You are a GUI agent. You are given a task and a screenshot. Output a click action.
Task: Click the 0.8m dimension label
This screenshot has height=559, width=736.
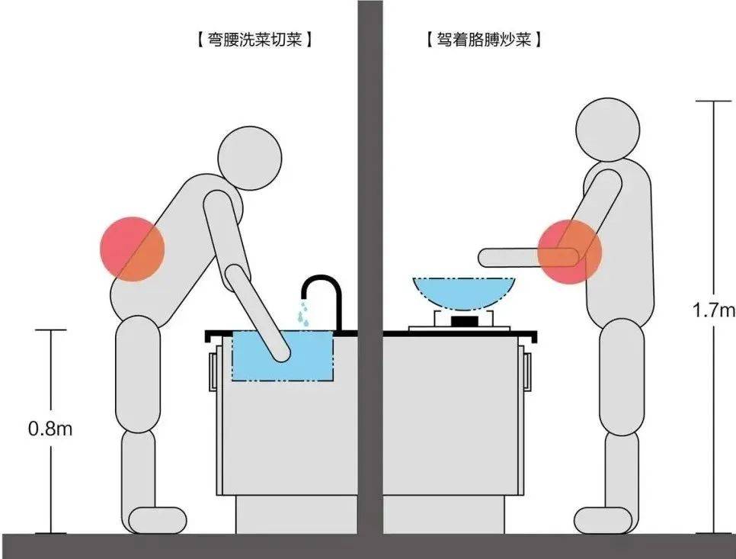coord(50,429)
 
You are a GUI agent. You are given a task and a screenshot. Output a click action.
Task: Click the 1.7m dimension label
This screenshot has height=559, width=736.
coord(713,310)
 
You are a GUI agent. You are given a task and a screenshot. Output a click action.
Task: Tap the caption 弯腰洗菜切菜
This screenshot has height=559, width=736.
coord(254,40)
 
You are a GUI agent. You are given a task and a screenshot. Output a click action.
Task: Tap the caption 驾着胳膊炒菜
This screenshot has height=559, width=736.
coord(484,40)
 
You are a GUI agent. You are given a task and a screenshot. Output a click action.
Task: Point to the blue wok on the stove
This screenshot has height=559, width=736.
coord(464,293)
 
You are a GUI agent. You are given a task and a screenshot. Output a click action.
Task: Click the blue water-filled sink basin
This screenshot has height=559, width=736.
coord(283,355)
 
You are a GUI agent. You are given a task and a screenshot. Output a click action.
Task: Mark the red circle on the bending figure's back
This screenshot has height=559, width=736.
coord(133,249)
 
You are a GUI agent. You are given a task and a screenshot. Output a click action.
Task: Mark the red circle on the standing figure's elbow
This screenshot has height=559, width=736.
coord(569,252)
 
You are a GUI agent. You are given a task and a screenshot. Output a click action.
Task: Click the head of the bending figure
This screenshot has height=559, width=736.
coord(251,159)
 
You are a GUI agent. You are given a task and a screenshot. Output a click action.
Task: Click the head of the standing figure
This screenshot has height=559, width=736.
coord(608,130)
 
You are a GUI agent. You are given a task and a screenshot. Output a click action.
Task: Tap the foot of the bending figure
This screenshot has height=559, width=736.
coord(158,520)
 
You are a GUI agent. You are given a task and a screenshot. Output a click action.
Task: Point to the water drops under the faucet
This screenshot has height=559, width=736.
coord(304,313)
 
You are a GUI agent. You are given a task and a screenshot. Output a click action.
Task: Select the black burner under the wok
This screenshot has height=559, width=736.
coord(464,321)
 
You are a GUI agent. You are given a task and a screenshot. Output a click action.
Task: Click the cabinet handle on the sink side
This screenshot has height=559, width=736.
coord(213,371)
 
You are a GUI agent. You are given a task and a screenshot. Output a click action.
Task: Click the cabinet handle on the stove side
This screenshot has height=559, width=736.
coord(527,371)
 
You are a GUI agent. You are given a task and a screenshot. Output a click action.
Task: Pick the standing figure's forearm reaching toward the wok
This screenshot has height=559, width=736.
coord(529,258)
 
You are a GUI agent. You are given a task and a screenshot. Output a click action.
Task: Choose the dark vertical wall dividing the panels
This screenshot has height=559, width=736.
coord(370,267)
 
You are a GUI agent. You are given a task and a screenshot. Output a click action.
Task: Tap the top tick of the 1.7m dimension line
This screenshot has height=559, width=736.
coord(713,101)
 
